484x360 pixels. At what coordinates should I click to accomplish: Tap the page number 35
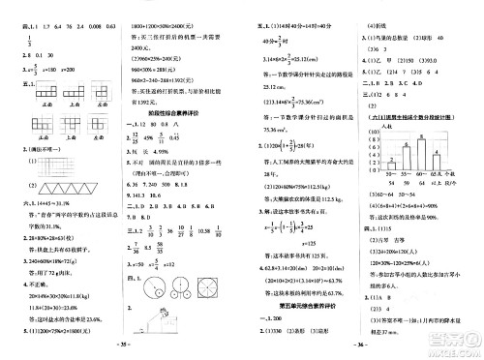click(124, 342)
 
